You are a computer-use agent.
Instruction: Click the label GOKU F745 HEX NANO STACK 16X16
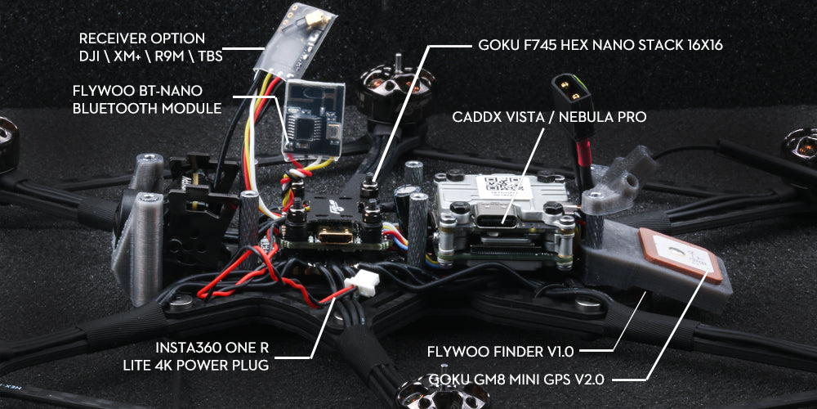(600, 45)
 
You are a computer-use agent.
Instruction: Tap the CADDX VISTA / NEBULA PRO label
(549, 117)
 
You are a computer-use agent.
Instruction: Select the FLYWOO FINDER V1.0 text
(500, 352)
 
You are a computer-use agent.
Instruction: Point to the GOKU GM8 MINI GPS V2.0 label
(516, 380)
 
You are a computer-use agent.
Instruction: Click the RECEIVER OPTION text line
(141, 38)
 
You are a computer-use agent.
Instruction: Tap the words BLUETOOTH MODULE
(147, 109)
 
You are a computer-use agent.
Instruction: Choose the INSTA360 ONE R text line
(212, 348)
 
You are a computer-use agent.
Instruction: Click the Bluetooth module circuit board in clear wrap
(313, 119)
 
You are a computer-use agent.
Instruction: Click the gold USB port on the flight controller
(333, 237)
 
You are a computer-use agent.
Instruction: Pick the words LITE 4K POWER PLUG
(196, 365)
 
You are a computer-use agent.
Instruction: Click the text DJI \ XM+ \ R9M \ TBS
(151, 56)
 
